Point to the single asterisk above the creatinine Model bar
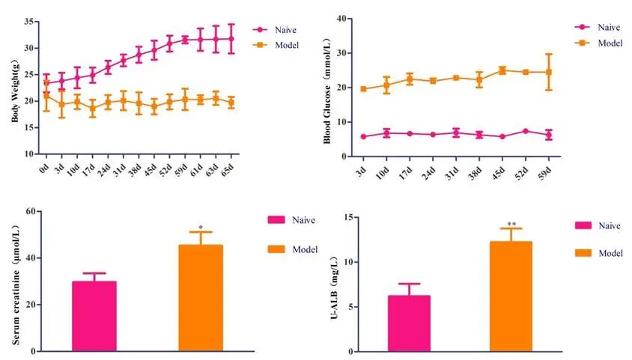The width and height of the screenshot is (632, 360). [201, 228]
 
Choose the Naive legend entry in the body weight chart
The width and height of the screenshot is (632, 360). [274, 29]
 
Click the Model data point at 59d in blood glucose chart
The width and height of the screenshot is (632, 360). [549, 72]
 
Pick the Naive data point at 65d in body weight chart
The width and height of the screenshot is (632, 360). [231, 38]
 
